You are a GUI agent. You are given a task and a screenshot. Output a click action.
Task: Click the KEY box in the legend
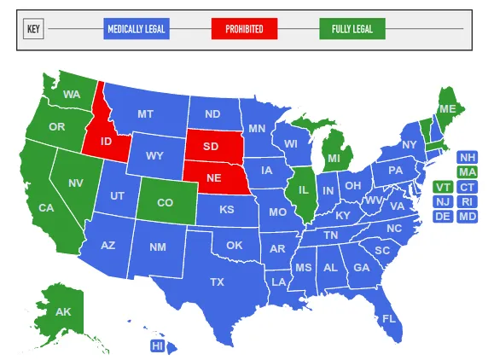[x=34, y=30]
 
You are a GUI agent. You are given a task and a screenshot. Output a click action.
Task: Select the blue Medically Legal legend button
[x=137, y=30]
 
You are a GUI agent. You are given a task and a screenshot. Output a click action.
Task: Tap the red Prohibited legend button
[x=244, y=30]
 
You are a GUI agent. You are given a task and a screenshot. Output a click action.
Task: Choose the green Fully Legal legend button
[x=352, y=30]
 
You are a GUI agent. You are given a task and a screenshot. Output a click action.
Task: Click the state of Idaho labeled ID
[x=107, y=141]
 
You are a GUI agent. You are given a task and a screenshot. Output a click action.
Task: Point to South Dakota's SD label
[x=211, y=147]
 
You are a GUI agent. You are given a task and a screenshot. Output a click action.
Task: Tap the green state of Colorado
[x=165, y=203]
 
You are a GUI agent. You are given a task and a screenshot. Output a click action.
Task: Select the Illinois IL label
[x=303, y=189]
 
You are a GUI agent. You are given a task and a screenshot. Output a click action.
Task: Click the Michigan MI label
[x=334, y=159]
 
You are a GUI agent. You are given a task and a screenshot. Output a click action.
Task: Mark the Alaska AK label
[x=63, y=311]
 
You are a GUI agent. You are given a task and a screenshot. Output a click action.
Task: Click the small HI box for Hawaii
[x=157, y=345]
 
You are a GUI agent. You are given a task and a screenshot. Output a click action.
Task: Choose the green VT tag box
[x=443, y=187]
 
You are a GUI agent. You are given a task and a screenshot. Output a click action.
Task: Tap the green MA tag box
[x=468, y=172]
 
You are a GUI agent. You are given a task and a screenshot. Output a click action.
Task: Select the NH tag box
[x=468, y=158]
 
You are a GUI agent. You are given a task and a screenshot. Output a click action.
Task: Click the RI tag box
[x=468, y=201]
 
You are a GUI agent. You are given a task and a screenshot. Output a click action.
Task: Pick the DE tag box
[x=443, y=216]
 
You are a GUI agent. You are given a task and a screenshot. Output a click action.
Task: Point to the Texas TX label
[x=218, y=282]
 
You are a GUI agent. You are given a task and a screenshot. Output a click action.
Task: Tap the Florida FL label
[x=389, y=319]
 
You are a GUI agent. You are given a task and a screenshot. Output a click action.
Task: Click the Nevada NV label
[x=76, y=183]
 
